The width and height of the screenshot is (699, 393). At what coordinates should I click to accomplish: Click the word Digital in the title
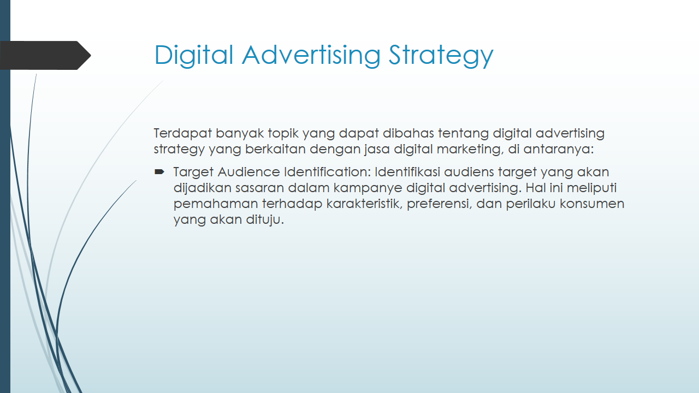tap(194, 55)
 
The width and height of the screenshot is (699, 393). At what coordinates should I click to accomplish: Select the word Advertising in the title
tap(311, 55)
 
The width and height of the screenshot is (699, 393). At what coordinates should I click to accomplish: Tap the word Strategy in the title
tap(441, 55)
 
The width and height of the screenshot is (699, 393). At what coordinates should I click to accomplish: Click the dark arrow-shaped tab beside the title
tap(45, 55)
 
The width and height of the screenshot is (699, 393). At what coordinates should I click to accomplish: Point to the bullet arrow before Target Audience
tap(159, 172)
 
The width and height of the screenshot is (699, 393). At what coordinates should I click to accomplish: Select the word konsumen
tap(592, 204)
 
